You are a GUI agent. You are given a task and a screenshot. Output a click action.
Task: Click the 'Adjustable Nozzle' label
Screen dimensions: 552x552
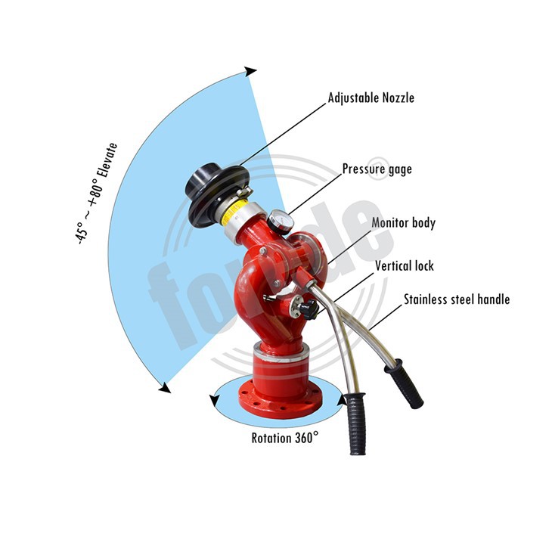[371, 98]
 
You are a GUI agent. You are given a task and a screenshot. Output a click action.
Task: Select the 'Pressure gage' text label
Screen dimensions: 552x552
[377, 169]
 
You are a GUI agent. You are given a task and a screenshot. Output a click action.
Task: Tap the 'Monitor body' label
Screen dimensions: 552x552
[403, 223]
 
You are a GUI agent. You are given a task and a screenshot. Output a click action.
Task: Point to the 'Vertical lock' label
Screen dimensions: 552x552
[405, 266]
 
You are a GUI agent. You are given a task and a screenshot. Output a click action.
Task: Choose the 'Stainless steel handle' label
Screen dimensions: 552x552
[456, 299]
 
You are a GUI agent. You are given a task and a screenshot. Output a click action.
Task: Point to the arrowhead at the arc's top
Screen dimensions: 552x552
[250, 71]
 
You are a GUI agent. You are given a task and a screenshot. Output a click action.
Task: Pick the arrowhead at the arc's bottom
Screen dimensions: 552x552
[164, 388]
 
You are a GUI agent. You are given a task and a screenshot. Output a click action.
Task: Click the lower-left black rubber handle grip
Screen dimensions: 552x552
[356, 423]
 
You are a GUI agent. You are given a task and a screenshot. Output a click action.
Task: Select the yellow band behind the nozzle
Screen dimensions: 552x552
[240, 198]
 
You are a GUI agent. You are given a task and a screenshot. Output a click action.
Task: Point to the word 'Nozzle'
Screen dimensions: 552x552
[395, 98]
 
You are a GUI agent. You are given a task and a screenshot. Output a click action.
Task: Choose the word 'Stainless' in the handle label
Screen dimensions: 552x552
[426, 299]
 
